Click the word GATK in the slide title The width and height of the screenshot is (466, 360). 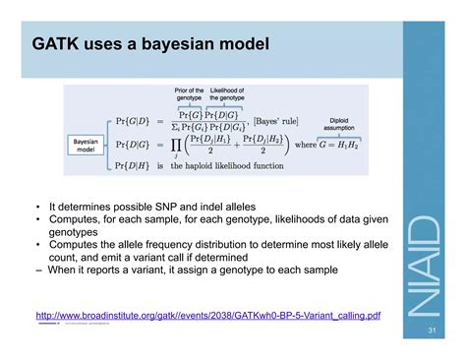coord(56,45)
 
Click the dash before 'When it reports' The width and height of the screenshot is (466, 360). coord(39,268)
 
